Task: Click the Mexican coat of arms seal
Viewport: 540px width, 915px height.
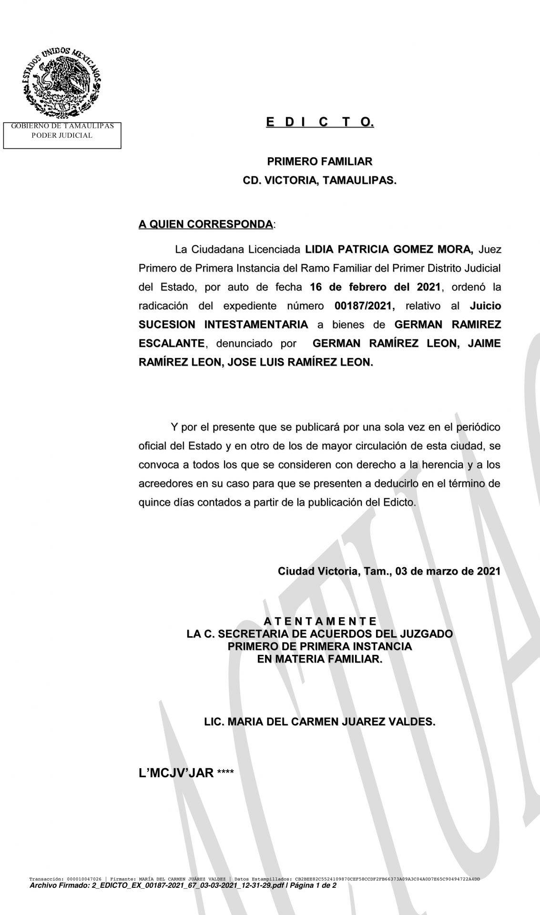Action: coord(61,81)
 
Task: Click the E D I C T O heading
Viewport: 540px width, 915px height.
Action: coord(320,123)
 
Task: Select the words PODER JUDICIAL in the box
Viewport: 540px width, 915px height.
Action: coord(62,135)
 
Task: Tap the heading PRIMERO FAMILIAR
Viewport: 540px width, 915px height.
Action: coord(319,162)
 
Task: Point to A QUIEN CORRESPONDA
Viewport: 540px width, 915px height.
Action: coord(206,224)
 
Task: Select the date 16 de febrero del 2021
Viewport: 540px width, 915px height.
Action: coord(375,287)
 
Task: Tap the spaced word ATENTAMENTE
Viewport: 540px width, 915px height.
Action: coord(320,621)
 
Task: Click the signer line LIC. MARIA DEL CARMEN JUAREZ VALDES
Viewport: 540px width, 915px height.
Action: coord(320,722)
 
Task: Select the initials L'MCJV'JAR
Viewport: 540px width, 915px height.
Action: coord(176,773)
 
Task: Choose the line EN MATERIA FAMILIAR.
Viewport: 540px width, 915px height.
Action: coord(320,660)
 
